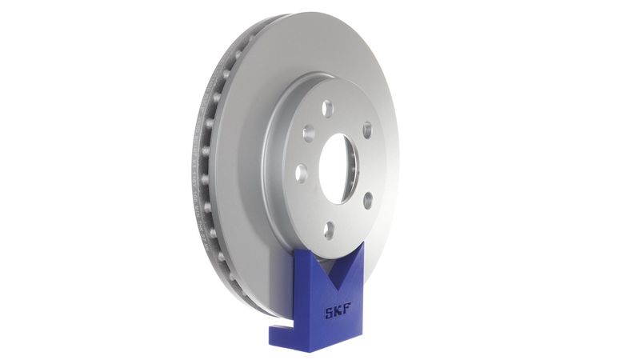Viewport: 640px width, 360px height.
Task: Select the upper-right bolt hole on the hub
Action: [x=366, y=130]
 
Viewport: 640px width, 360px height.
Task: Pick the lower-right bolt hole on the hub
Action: [x=367, y=201]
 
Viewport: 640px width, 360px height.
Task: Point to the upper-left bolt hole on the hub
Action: [x=308, y=133]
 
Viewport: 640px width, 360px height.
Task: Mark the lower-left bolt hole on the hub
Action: [x=302, y=172]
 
